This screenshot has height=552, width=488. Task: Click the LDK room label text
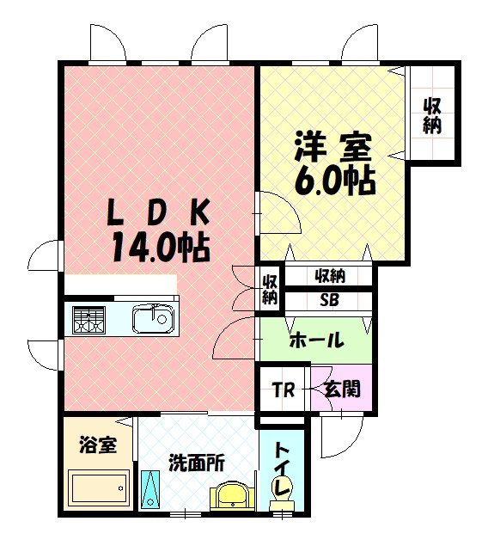pos(158,211)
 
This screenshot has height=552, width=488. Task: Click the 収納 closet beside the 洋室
pos(432,115)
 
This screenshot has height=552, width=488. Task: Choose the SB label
pos(329,302)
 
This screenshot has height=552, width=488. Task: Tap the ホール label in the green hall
pos(316,340)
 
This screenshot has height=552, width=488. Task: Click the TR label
pos(284,389)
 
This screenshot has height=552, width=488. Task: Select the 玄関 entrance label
pos(342,389)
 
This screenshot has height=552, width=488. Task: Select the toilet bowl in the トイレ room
pos(282,489)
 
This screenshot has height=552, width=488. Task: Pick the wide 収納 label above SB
pos(329,276)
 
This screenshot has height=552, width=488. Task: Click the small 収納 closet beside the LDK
pos(270,288)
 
